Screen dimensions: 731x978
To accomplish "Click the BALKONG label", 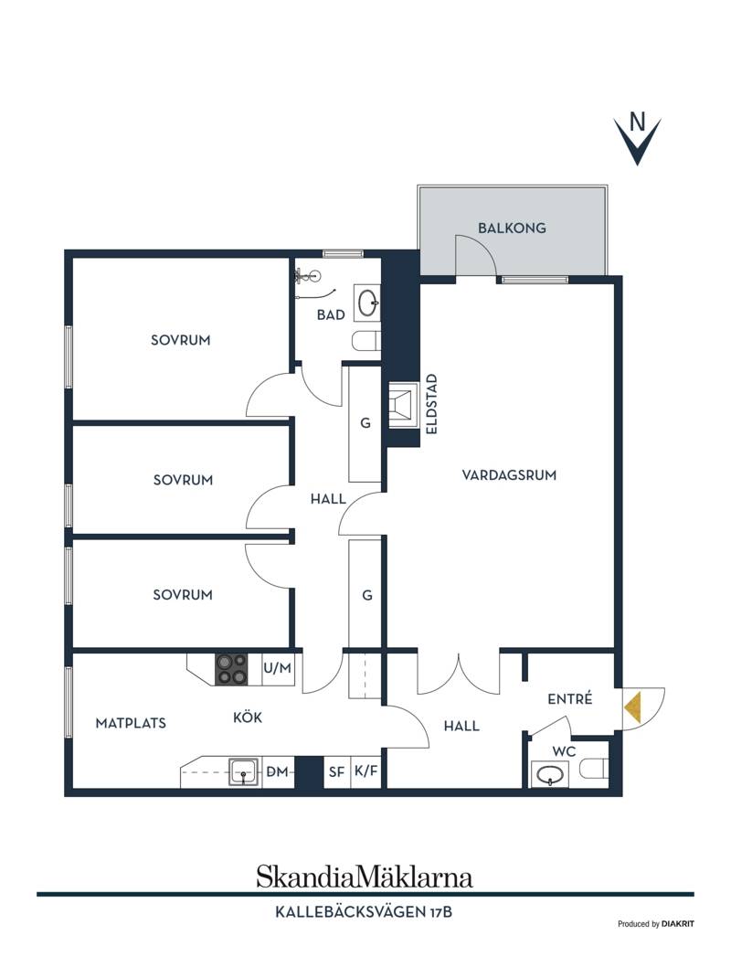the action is (512, 229).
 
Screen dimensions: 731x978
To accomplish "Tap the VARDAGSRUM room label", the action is (509, 475).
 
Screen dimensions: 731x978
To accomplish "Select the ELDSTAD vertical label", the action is (431, 404).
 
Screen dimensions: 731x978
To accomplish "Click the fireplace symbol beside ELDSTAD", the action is (402, 406).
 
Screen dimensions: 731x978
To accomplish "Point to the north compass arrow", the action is (637, 140).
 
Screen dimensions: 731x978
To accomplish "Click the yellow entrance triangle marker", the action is (631, 708).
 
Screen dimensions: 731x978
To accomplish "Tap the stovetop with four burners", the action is (231, 670).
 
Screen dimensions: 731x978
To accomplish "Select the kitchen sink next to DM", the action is (244, 772).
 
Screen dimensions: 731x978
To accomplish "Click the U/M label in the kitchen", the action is (277, 669).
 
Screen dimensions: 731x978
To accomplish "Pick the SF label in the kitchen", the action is (337, 772).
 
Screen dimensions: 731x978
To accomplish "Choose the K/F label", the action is (366, 771).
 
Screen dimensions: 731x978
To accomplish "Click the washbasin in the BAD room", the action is (368, 303).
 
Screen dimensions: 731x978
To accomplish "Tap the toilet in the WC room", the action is (593, 769).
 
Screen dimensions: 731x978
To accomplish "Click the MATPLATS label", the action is (131, 724).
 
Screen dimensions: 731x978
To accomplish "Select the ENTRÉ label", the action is (570, 699).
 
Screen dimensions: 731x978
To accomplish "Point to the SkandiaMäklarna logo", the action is (365, 877).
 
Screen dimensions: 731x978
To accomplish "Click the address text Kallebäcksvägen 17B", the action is (364, 912).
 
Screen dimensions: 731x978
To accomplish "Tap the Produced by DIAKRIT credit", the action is (655, 924).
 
